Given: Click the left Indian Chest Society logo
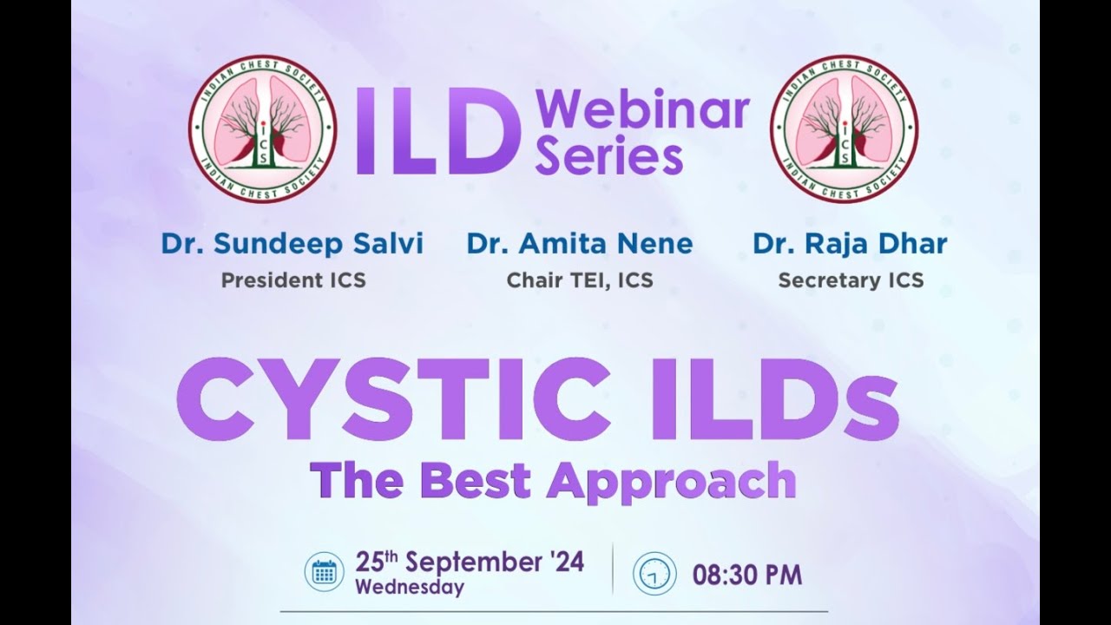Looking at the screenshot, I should [x=262, y=128].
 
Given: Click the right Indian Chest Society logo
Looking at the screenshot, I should [x=844, y=128].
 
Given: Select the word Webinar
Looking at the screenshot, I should [x=642, y=111].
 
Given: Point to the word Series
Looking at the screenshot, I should [x=608, y=158].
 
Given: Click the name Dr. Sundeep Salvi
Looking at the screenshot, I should [x=292, y=244].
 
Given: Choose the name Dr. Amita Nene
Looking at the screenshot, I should [x=579, y=244].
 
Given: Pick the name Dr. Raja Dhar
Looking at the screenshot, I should [x=850, y=244].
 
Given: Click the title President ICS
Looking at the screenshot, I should [x=293, y=280].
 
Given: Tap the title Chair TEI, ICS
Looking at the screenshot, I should [x=579, y=280].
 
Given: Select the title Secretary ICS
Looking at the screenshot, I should [x=850, y=280].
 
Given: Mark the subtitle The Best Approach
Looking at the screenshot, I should [x=553, y=480].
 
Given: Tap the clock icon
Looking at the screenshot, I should [x=654, y=574].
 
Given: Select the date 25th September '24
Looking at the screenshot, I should [x=470, y=562].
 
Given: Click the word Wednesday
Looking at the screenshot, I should [x=409, y=588].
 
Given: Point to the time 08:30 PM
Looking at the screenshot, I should [x=746, y=575].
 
